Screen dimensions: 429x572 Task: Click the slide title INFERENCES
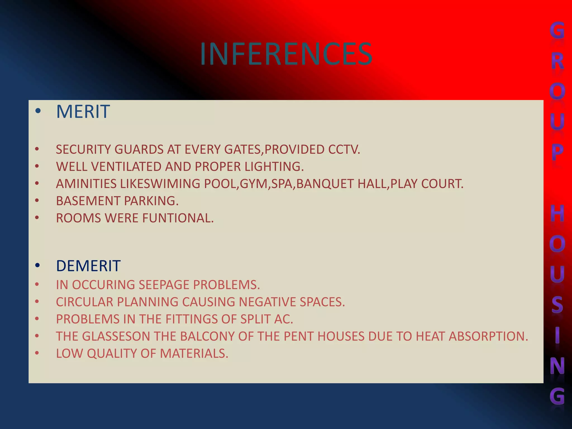pyautogui.click(x=286, y=54)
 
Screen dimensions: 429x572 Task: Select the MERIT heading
pyautogui.click(x=83, y=112)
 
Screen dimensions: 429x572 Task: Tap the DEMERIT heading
pyautogui.click(x=88, y=266)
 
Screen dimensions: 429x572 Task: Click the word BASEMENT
pyautogui.click(x=88, y=201)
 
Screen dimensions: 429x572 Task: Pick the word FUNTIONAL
pyautogui.click(x=178, y=218)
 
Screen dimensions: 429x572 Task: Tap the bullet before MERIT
pyautogui.click(x=38, y=111)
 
